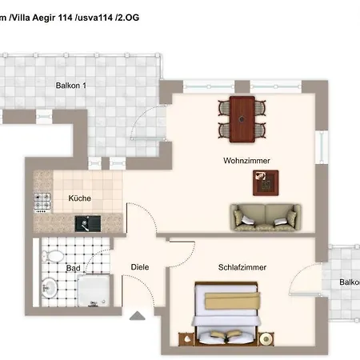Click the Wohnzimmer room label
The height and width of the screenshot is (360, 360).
pyautogui.click(x=246, y=161)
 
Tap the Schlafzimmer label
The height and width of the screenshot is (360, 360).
pyautogui.click(x=242, y=267)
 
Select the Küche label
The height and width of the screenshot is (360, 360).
pyautogui.click(x=79, y=198)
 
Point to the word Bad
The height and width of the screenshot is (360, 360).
pyautogui.click(x=73, y=269)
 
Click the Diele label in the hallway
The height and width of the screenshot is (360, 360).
pyautogui.click(x=140, y=268)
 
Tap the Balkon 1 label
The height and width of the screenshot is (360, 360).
pyautogui.click(x=71, y=86)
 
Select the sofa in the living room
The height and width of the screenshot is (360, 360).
pyautogui.click(x=266, y=216)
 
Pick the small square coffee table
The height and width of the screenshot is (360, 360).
pyautogui.click(x=264, y=184)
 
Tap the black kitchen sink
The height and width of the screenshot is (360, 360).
pyautogui.click(x=87, y=223)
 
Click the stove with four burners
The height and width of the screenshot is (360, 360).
pyautogui.click(x=41, y=203)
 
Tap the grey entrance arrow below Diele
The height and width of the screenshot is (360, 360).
pyautogui.click(x=137, y=318)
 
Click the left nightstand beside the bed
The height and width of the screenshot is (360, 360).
pyautogui.click(x=187, y=338)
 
